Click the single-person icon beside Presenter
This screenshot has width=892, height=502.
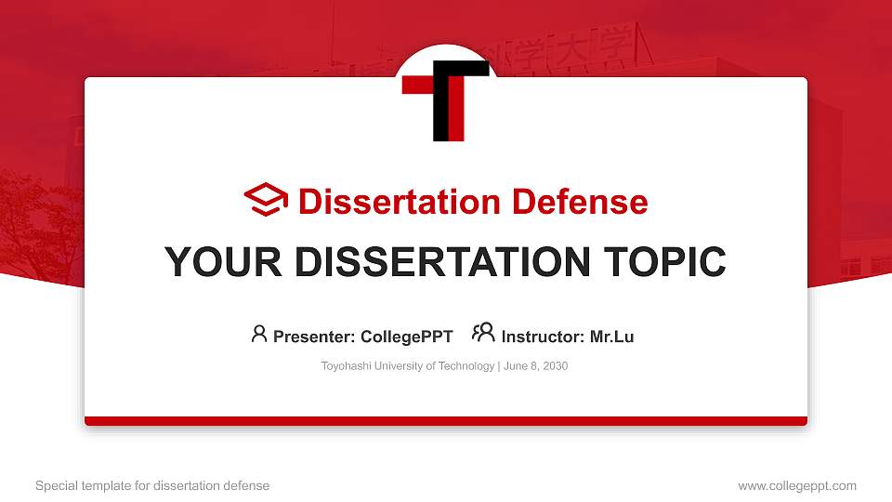pos(259,334)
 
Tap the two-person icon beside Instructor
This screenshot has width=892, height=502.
pos(483,333)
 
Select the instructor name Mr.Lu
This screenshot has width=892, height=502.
pos(611,337)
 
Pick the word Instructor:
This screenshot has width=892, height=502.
pos(543,337)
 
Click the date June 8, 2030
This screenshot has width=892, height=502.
pos(537,366)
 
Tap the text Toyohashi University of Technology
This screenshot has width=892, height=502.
pos(408,366)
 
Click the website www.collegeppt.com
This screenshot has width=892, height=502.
pos(796,485)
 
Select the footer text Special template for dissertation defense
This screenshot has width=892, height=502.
pos(152,485)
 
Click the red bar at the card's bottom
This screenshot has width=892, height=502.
pos(446,421)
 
